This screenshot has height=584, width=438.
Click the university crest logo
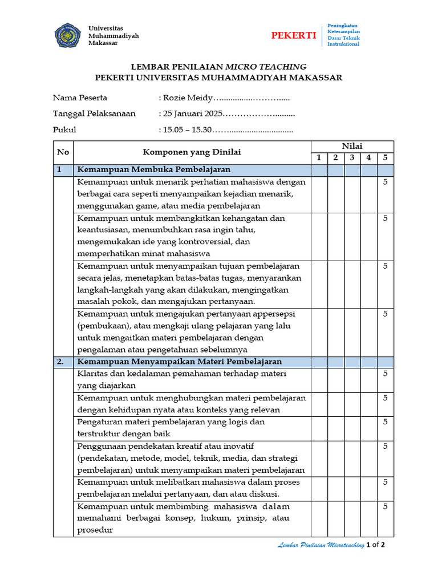pyautogui.click(x=67, y=35)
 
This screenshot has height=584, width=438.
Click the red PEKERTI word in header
pyautogui.click(x=293, y=35)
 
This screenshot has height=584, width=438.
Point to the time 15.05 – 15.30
pyautogui.click(x=187, y=130)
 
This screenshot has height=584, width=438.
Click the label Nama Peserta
pyautogui.click(x=80, y=98)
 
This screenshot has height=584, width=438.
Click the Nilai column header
pyautogui.click(x=352, y=146)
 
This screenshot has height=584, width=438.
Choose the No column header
pyautogui.click(x=63, y=152)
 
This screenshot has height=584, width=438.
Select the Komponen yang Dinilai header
pyautogui.click(x=192, y=152)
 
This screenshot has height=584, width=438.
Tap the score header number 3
pyautogui.click(x=352, y=158)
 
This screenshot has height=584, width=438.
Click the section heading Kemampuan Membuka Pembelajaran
pyautogui.click(x=154, y=170)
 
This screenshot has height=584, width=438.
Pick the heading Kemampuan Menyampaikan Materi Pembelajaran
pyautogui.click(x=179, y=362)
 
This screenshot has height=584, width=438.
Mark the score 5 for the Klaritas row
pyautogui.click(x=385, y=374)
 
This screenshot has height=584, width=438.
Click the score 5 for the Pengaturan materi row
pyautogui.click(x=385, y=422)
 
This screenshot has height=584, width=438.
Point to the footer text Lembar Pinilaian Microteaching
pyautogui.click(x=321, y=546)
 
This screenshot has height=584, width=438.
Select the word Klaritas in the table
pyautogui.click(x=93, y=374)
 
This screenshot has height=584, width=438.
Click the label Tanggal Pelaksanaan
pyautogui.click(x=94, y=113)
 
